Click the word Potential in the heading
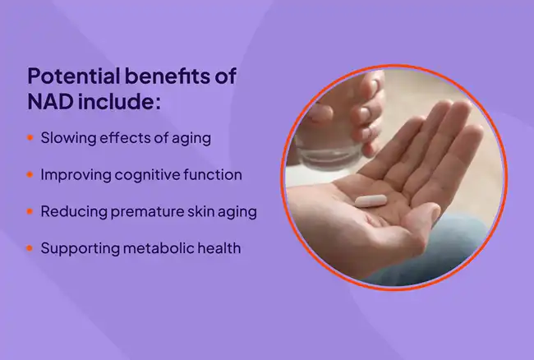click(67, 77)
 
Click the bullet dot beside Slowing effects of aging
click(30, 138)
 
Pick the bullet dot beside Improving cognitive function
click(30, 175)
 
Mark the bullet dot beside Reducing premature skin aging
click(30, 211)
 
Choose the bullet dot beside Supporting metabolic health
click(30, 247)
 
